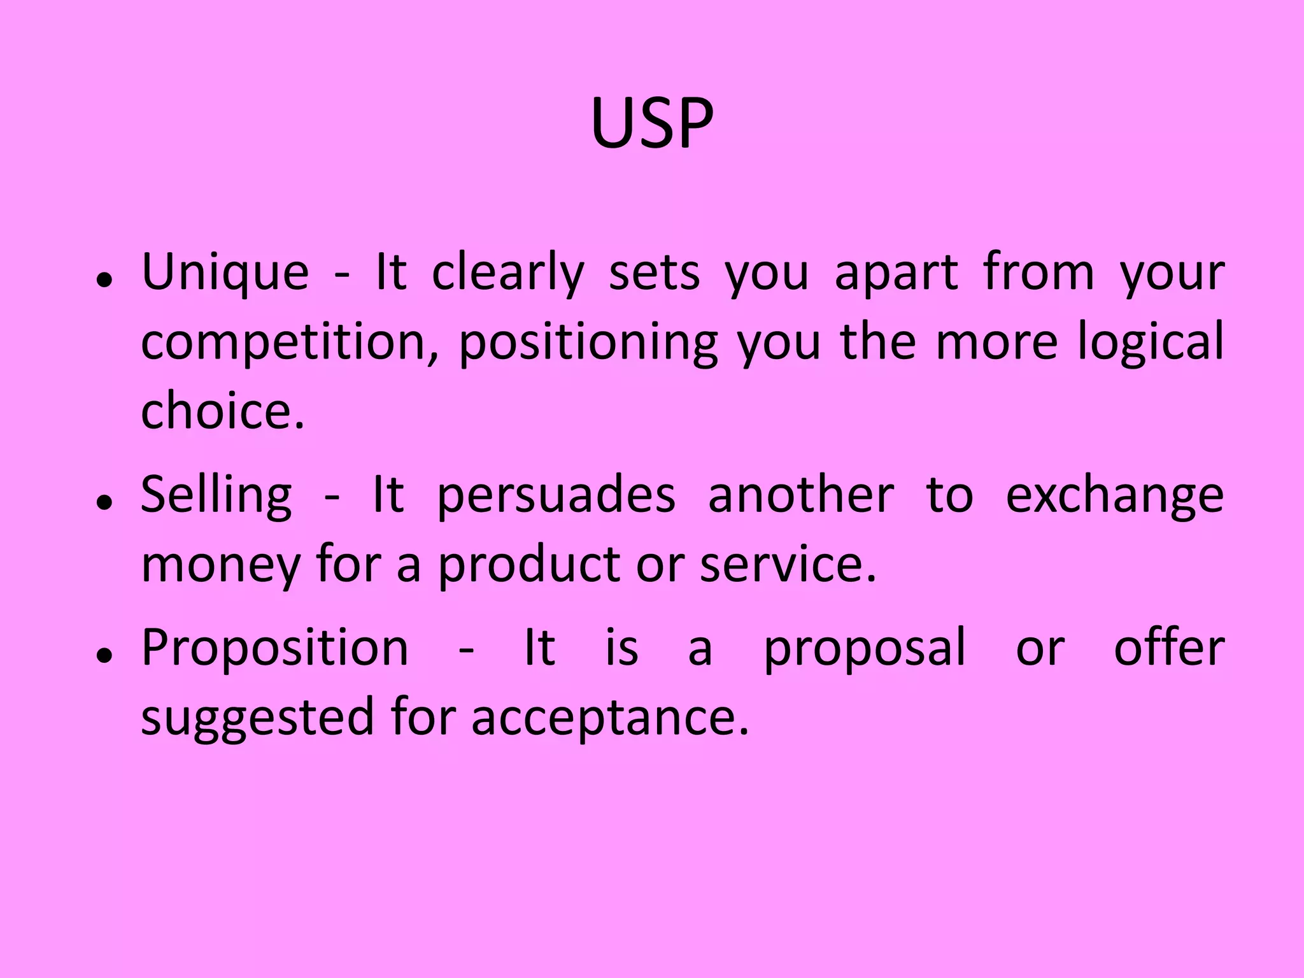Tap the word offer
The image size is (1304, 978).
1169,648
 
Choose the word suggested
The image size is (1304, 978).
257,718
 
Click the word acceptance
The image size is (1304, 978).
610,718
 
